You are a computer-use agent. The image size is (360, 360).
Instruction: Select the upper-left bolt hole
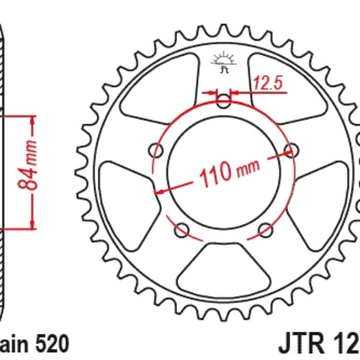tap(159, 149)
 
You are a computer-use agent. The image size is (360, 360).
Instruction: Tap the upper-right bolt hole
tap(292, 149)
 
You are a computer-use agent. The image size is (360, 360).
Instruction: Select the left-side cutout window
tap(127, 190)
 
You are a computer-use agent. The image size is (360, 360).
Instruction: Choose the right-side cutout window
tap(321, 190)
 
